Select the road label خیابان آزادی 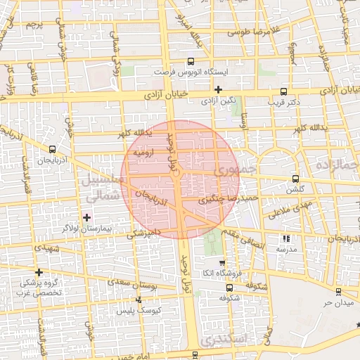coord(169,93)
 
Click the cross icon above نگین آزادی coord(219,89)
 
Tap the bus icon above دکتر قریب coord(283,91)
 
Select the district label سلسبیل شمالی coord(103,186)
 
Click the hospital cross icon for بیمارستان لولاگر coord(86,217)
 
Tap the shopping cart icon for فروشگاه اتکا coord(222,262)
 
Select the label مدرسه coord(286,250)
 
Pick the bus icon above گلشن coord(295,178)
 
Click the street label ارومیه coord(143,152)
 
